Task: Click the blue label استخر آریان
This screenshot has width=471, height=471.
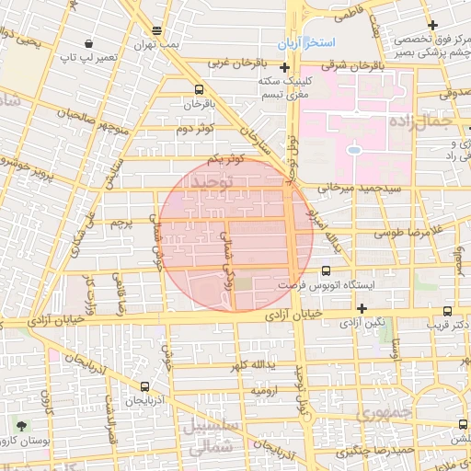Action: point(308,44)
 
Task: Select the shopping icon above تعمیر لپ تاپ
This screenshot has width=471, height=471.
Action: point(88,43)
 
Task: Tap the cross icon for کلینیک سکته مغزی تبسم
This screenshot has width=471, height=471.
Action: point(285,68)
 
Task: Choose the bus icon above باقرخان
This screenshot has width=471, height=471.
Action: point(200,90)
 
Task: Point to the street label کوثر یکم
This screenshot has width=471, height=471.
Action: point(226,159)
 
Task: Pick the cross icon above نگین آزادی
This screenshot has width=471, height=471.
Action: point(362,308)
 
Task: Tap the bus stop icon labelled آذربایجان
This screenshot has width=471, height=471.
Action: point(145,387)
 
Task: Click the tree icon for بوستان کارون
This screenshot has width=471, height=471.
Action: point(20,425)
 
